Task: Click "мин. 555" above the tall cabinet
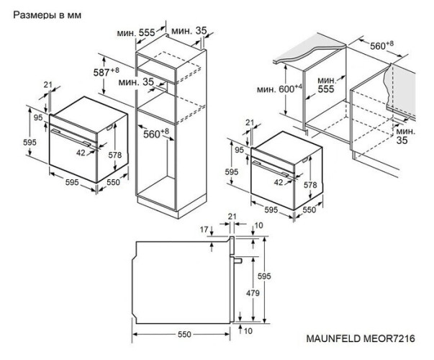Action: [137, 34]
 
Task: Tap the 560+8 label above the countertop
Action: [382, 45]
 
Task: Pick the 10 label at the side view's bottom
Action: [247, 330]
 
